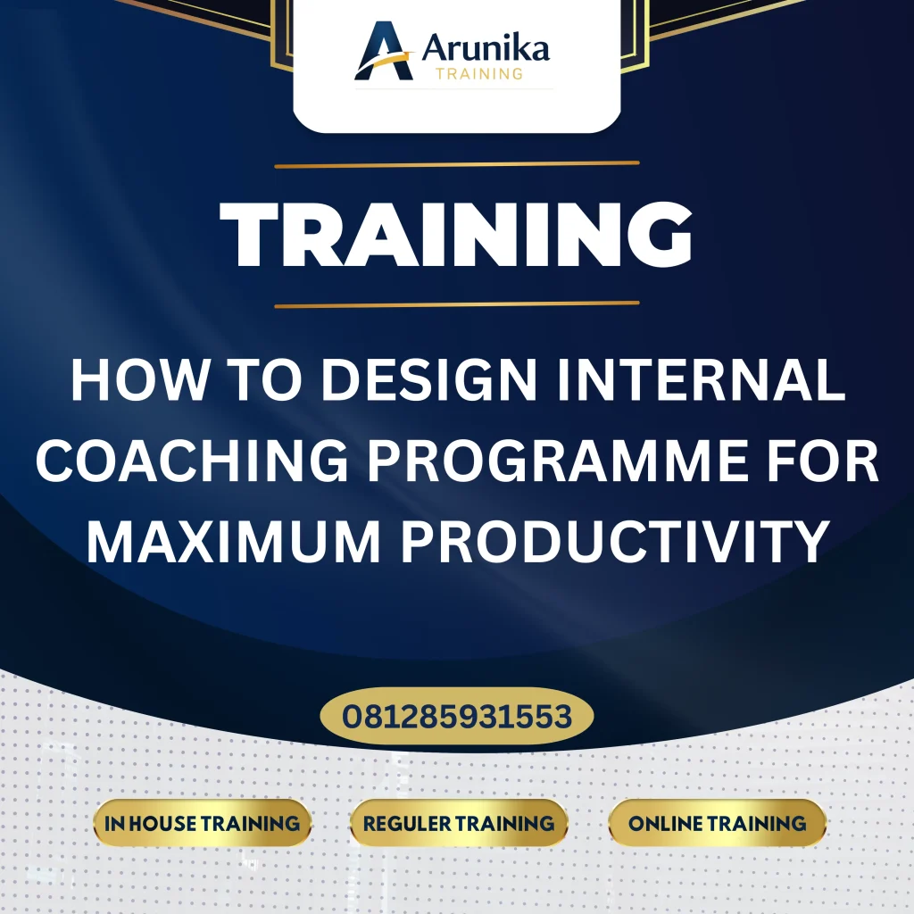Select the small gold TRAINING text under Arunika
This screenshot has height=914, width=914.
tap(478, 74)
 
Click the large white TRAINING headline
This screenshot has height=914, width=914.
tap(457, 234)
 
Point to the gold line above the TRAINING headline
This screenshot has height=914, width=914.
tap(457, 164)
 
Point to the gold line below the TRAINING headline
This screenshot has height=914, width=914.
tap(457, 304)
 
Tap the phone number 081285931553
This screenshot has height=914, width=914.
tap(457, 716)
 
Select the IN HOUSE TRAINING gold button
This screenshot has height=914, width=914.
tap(203, 823)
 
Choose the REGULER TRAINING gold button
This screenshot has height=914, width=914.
tap(459, 823)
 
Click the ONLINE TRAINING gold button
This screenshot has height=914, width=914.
tap(717, 823)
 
